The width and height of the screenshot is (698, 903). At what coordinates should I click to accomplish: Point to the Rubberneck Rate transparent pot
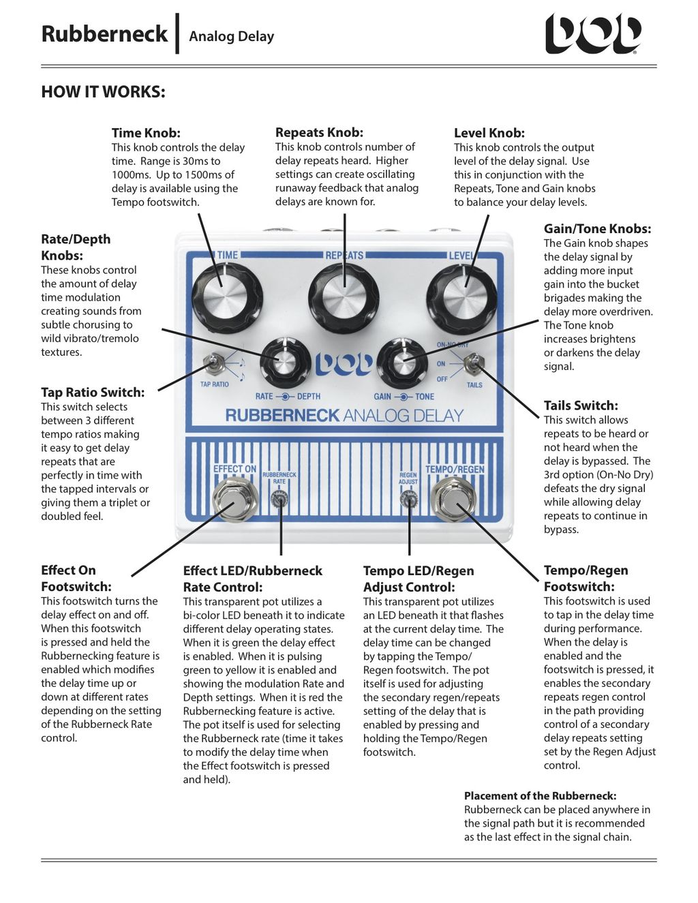[x=279, y=500]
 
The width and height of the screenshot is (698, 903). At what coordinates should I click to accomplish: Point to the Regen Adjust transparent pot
[x=408, y=501]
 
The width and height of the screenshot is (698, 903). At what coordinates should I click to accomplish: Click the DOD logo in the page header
[x=593, y=33]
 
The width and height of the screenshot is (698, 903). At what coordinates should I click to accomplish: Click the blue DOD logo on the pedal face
[x=344, y=363]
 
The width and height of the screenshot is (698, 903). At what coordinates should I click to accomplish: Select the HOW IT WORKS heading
[x=103, y=92]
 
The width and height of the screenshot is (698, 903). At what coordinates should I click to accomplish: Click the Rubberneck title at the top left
[x=104, y=33]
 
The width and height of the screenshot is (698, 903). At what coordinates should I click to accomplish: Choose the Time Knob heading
[x=146, y=133]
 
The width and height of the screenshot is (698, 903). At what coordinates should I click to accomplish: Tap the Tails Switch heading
[x=581, y=405]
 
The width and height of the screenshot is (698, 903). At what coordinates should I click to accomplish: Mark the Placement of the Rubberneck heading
[x=540, y=795]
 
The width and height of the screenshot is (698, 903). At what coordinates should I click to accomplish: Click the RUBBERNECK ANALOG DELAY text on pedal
[x=344, y=415]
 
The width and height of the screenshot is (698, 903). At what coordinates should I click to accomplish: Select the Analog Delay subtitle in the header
[x=231, y=36]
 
